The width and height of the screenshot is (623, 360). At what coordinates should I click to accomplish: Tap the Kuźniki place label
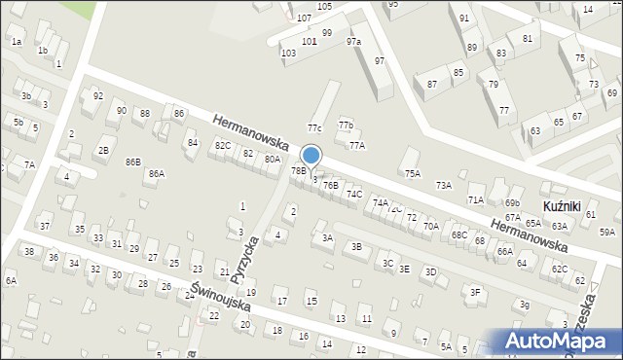click(561, 208)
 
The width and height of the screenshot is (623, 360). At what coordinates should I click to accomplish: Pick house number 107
click(304, 18)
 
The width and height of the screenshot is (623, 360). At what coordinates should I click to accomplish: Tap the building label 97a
click(352, 42)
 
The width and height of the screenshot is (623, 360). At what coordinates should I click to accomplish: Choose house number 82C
click(223, 146)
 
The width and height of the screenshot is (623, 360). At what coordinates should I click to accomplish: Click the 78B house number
click(298, 171)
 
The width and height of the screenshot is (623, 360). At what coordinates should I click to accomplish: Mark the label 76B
click(331, 185)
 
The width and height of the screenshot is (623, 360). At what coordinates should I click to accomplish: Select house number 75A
click(413, 173)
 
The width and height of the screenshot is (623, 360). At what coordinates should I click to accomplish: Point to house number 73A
click(443, 185)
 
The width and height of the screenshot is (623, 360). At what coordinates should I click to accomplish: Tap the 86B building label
click(132, 162)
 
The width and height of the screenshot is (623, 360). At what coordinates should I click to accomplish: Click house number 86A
click(156, 174)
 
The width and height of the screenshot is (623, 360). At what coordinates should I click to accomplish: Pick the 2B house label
click(102, 151)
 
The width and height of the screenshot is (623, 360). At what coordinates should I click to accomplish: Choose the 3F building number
click(475, 292)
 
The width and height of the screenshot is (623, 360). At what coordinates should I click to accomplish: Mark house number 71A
click(475, 199)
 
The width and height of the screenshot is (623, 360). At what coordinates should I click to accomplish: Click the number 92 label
click(97, 96)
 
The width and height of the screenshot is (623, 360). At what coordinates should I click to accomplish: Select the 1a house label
click(16, 42)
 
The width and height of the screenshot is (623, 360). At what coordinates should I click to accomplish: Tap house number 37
click(45, 227)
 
